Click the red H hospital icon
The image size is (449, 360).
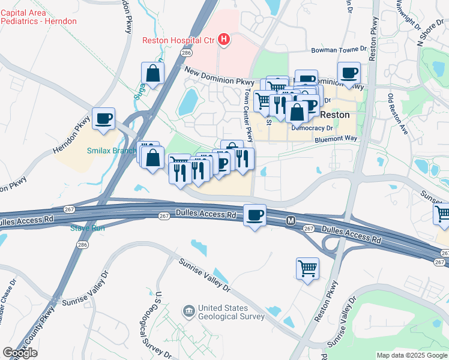pyautogui.click(x=224, y=40)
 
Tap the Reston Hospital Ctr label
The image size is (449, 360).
pyautogui.click(x=178, y=41)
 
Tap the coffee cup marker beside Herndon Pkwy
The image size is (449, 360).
pyautogui.click(x=103, y=119)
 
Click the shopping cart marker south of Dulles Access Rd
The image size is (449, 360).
pyautogui.click(x=307, y=268)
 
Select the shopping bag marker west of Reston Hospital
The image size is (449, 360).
pyautogui.click(x=153, y=74)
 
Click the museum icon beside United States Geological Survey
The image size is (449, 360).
pyautogui.click(x=188, y=310)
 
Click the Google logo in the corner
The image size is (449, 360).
pyautogui.click(x=20, y=353)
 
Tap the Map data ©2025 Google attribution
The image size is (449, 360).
pyautogui.click(x=411, y=355)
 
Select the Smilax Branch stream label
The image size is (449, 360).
pyautogui.click(x=111, y=151)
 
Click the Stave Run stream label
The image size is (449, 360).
pyautogui.click(x=88, y=228)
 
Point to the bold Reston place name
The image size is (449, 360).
pyautogui.click(x=335, y=115)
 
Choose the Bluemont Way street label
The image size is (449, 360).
pyautogui.click(x=336, y=139)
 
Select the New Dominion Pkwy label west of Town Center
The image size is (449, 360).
pyautogui.click(x=220, y=76)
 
